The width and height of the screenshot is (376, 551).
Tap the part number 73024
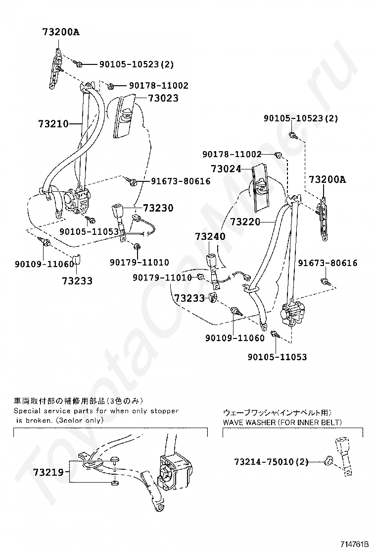point(226,169)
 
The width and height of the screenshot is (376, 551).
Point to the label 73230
point(158,208)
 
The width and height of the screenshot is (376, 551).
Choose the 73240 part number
point(210,237)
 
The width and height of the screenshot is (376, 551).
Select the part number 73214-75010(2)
point(271,462)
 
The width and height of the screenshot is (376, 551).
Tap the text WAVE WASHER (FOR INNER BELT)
point(282,422)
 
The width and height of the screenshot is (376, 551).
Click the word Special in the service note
point(28,411)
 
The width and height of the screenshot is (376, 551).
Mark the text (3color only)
point(79,420)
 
